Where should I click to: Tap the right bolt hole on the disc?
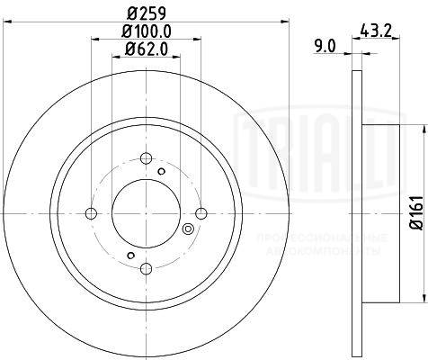201,213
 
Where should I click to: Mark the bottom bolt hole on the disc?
146,268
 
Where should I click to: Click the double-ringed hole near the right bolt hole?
188,229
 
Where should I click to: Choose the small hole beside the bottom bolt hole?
130,257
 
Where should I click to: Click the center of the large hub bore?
146,213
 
